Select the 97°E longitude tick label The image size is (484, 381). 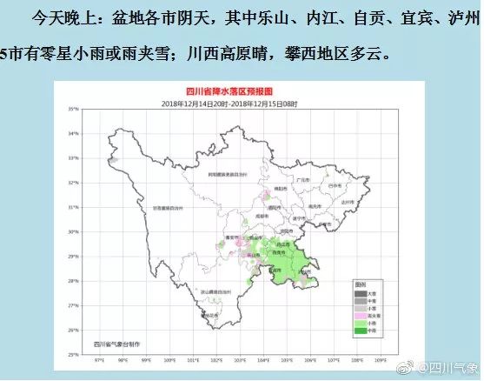[98, 358]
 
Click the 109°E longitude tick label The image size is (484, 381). [381, 358]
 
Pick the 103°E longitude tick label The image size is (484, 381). [240, 358]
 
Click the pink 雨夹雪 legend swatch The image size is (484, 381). [358, 316]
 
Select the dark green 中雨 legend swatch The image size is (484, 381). [358, 331]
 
